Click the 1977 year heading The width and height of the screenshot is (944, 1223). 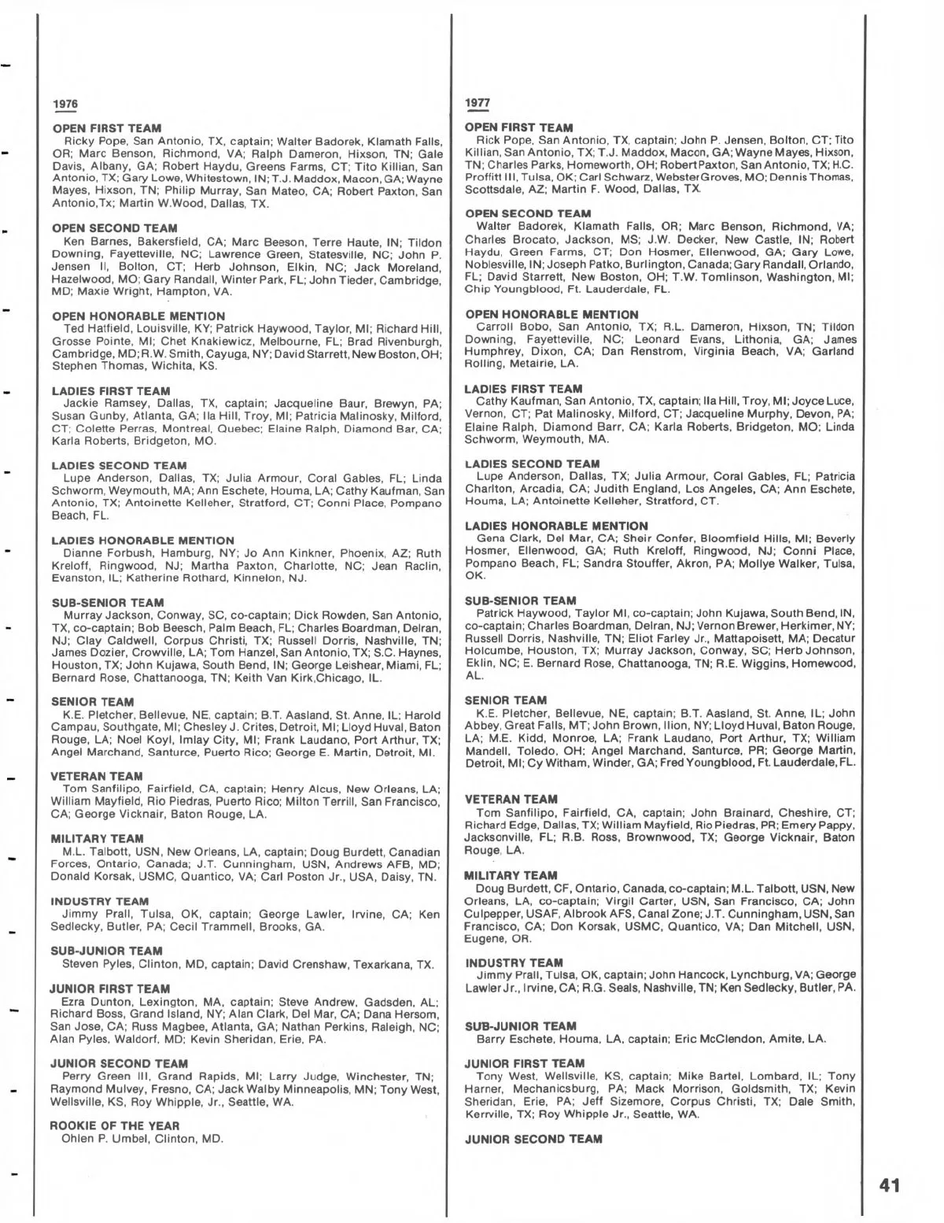tap(478, 103)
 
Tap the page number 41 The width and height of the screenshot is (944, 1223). tap(889, 1185)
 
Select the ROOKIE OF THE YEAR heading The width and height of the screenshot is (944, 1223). tap(115, 1125)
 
